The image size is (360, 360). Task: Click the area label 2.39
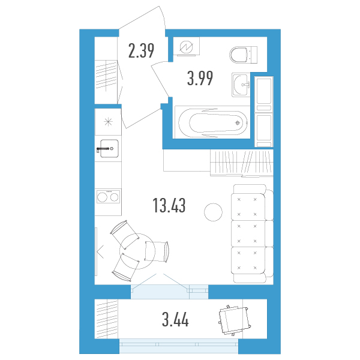click(x=141, y=51)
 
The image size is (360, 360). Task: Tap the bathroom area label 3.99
click(x=200, y=78)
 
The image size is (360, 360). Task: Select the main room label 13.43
click(x=169, y=205)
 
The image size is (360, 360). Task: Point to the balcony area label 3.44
click(x=175, y=320)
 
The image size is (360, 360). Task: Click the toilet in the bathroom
click(x=244, y=55)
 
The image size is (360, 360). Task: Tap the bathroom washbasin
click(x=241, y=85)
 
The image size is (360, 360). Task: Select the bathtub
click(x=212, y=122)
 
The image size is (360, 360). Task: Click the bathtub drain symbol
click(x=238, y=123)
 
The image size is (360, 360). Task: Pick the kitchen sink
click(x=109, y=149)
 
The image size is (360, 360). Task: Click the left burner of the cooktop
click(x=102, y=197)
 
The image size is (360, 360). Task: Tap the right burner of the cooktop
click(x=114, y=197)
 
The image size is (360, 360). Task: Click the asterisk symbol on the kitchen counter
click(x=108, y=122)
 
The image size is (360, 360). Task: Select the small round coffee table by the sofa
click(x=213, y=212)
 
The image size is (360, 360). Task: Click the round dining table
click(x=137, y=251)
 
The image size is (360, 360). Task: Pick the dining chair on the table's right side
click(x=157, y=251)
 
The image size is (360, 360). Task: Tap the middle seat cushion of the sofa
click(x=248, y=234)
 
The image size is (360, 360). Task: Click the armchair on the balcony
click(x=235, y=320)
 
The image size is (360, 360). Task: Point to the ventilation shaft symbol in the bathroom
click(x=187, y=47)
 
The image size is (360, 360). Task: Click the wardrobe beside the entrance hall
click(x=106, y=70)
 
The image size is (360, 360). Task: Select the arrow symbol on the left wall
click(x=100, y=251)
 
